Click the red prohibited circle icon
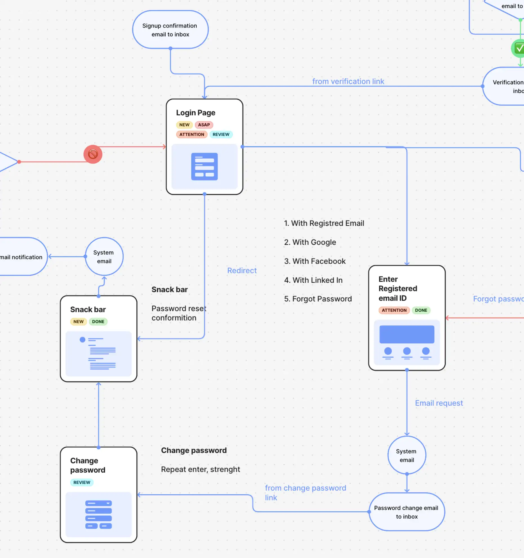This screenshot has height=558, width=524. (x=93, y=154)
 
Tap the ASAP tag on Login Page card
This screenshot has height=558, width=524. (x=204, y=125)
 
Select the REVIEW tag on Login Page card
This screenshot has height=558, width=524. (x=221, y=134)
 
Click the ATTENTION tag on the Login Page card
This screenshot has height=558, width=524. (x=192, y=134)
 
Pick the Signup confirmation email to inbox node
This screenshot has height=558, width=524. (x=170, y=30)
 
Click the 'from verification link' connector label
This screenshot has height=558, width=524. (x=348, y=81)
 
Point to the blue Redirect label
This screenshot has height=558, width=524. (x=242, y=270)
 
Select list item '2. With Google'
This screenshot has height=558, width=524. (x=310, y=242)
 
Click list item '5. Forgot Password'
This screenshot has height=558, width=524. (x=318, y=299)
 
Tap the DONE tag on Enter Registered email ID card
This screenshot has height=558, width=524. (x=421, y=310)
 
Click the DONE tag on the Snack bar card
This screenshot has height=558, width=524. (x=98, y=321)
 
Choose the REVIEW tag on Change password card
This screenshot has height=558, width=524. (x=82, y=482)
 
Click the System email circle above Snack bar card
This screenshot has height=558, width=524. (x=104, y=257)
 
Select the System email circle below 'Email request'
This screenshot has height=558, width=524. (x=407, y=455)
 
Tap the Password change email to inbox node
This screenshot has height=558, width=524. (x=406, y=512)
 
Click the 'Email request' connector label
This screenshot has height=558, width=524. (x=439, y=403)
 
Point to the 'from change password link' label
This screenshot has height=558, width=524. (x=305, y=492)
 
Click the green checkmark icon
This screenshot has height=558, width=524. (x=519, y=48)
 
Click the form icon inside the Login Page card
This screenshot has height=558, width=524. (x=204, y=166)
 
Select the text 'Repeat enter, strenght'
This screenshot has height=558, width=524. (x=200, y=469)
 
